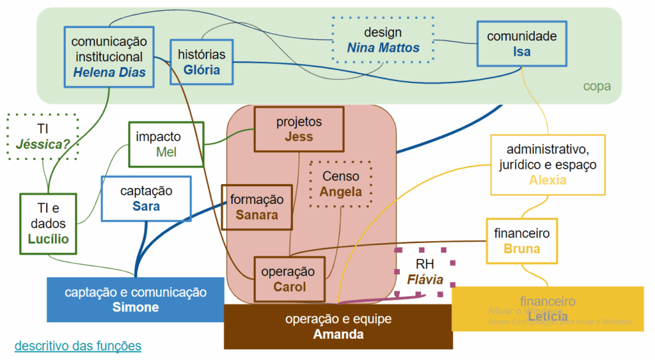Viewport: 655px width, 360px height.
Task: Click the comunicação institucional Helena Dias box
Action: [x=109, y=57]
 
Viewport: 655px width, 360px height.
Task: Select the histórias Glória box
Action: [x=201, y=62]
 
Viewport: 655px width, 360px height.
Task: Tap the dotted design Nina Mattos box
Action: [x=383, y=40]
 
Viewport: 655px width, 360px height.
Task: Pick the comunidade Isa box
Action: [x=521, y=43]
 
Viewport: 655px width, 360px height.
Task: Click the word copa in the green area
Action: [x=596, y=86]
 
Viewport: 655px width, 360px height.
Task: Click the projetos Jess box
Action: [x=299, y=129]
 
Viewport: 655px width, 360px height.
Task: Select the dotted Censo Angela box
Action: [x=340, y=184]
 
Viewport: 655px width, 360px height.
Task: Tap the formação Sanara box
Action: [x=256, y=207]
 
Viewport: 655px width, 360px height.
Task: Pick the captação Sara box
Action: [x=146, y=198]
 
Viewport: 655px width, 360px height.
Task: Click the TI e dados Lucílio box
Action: [x=48, y=224]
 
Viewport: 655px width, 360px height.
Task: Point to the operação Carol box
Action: [x=289, y=279]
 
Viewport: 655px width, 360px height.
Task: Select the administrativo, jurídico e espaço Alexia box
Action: [x=548, y=164]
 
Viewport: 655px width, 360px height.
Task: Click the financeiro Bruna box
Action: [x=521, y=241]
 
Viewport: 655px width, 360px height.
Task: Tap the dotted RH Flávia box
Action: [x=425, y=272]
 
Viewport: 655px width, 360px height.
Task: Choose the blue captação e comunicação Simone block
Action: [x=136, y=300]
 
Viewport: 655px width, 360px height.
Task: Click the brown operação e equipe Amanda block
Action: [x=338, y=327]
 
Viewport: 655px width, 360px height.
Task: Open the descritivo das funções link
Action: [x=77, y=346]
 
